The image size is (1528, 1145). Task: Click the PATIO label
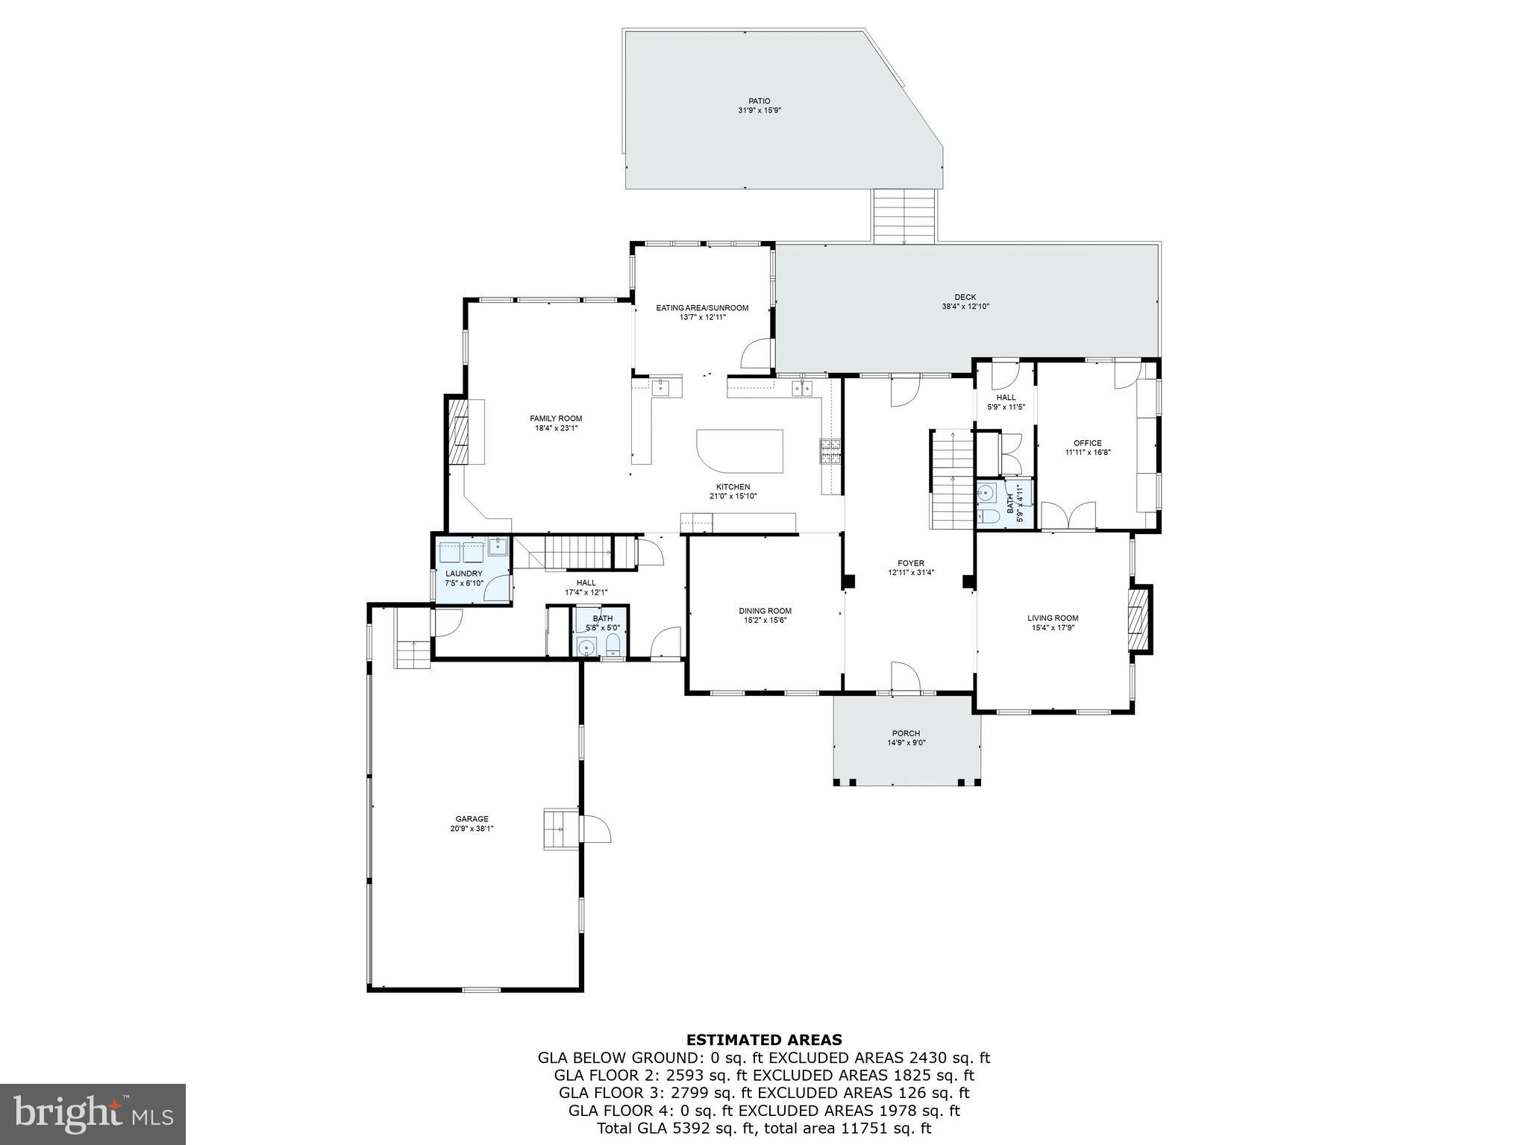point(760,101)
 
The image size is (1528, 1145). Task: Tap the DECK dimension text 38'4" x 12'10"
point(965,307)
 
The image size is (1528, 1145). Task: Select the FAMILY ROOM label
point(556,418)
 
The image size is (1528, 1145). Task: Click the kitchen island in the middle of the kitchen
point(739,450)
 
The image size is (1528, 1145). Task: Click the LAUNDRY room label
point(464,574)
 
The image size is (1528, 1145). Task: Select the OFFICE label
point(1087,443)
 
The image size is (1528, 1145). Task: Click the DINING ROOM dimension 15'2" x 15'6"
point(765,621)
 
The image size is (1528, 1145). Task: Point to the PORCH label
point(906,733)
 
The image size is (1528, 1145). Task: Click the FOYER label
point(911,563)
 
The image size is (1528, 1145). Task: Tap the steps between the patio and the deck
point(904,216)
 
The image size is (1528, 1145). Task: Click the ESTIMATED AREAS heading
point(764,1039)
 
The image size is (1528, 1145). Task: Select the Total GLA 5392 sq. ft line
point(764,1129)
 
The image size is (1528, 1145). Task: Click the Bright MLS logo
point(93,1114)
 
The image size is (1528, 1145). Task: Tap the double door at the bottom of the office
point(1068,516)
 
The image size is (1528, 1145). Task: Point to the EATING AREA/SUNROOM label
point(702,307)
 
